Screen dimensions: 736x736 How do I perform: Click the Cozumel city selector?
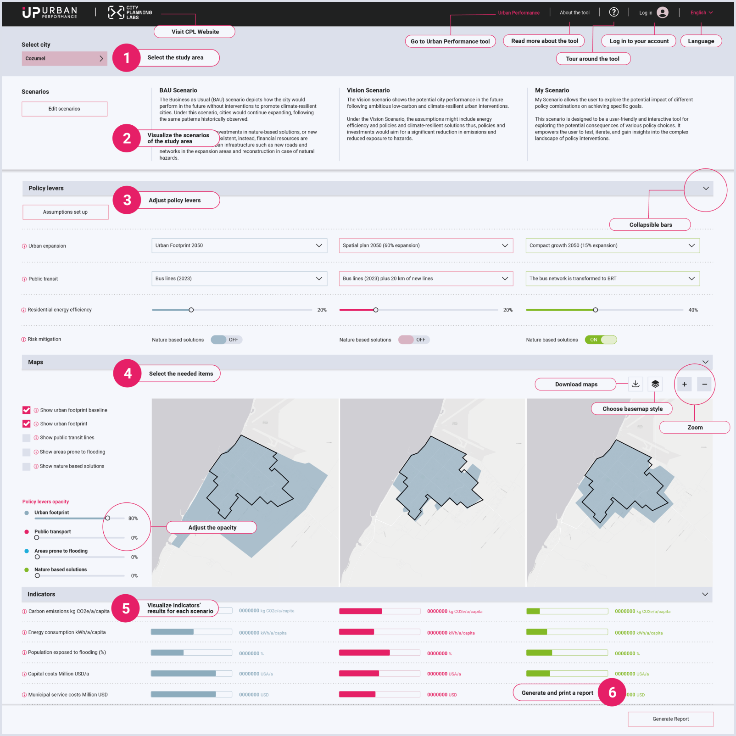tap(64, 58)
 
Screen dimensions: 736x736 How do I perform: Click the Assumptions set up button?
tap(65, 212)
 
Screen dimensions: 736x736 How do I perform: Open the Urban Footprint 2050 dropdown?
tap(239, 245)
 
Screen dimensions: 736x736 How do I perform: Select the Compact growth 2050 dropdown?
tap(612, 245)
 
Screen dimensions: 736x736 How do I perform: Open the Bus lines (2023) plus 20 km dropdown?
tap(425, 279)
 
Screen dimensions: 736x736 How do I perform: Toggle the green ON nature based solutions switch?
tap(601, 340)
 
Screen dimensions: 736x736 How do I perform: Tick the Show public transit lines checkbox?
tap(27, 438)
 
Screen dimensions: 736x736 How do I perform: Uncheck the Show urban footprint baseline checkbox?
tap(27, 410)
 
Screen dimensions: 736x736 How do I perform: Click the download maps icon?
tap(636, 384)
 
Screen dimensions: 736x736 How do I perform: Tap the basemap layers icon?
tap(655, 384)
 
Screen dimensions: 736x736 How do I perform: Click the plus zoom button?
tap(684, 384)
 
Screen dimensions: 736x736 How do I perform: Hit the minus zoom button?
tap(704, 384)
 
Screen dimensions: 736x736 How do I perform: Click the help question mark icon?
tap(614, 12)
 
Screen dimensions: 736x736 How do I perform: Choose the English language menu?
tap(701, 13)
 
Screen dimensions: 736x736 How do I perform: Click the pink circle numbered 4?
tap(128, 374)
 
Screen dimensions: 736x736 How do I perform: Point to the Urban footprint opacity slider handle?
tap(107, 518)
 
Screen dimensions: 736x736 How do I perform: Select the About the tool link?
tap(574, 13)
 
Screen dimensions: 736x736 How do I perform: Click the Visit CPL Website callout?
tap(195, 32)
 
